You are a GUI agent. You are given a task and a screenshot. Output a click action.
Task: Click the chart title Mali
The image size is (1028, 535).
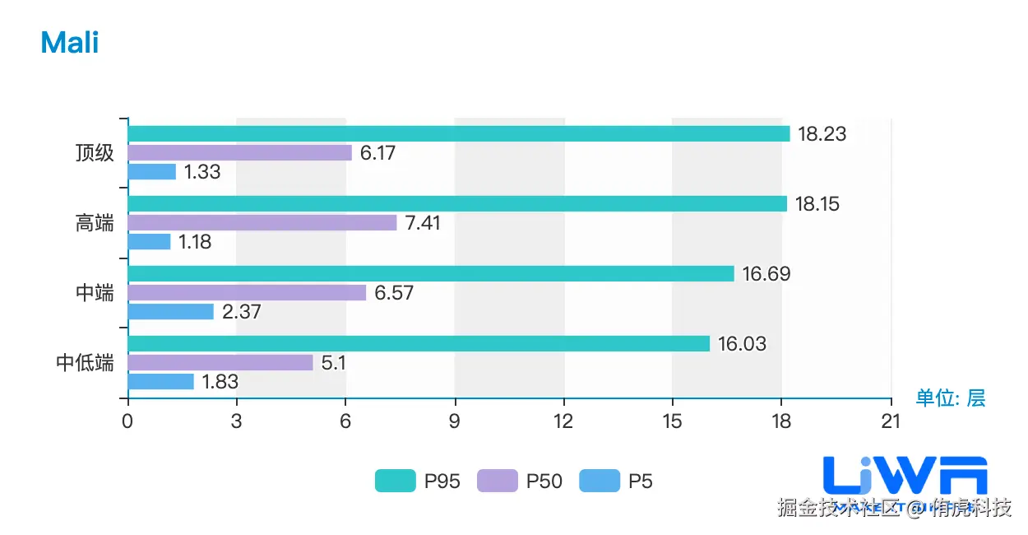tap(70, 42)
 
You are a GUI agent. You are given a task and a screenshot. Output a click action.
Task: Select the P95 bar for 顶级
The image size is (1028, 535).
tap(459, 134)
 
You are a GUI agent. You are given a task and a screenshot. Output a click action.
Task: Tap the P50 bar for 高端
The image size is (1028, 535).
tap(262, 222)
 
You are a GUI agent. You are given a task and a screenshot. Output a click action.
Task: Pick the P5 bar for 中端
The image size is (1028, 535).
tap(171, 312)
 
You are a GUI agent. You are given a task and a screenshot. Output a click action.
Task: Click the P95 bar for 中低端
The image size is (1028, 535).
tap(419, 344)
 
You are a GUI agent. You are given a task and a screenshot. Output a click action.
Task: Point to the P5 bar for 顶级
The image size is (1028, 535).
tap(152, 172)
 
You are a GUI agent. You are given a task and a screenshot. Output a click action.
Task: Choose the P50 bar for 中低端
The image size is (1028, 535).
tap(220, 363)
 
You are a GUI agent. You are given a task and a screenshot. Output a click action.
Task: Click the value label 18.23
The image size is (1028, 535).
tap(822, 134)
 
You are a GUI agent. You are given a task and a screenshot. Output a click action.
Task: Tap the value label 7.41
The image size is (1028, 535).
tap(428, 223)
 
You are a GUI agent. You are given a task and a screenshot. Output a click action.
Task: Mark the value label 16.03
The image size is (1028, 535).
tap(742, 344)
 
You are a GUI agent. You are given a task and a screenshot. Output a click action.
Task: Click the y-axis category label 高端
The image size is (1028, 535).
tap(95, 223)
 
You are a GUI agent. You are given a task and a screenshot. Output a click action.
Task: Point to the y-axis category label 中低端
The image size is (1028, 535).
tap(85, 363)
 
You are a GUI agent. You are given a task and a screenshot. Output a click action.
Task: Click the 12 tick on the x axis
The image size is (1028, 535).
tap(563, 421)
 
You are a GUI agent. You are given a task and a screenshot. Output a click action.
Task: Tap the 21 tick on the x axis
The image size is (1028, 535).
tap(891, 421)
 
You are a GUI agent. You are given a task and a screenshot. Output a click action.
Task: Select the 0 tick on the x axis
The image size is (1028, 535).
tap(127, 421)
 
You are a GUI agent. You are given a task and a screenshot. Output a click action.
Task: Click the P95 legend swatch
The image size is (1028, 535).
tap(396, 481)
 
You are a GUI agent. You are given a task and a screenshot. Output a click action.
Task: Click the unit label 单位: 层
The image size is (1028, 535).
tap(951, 398)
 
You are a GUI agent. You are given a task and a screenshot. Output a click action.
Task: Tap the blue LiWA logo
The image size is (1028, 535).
tap(905, 477)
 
